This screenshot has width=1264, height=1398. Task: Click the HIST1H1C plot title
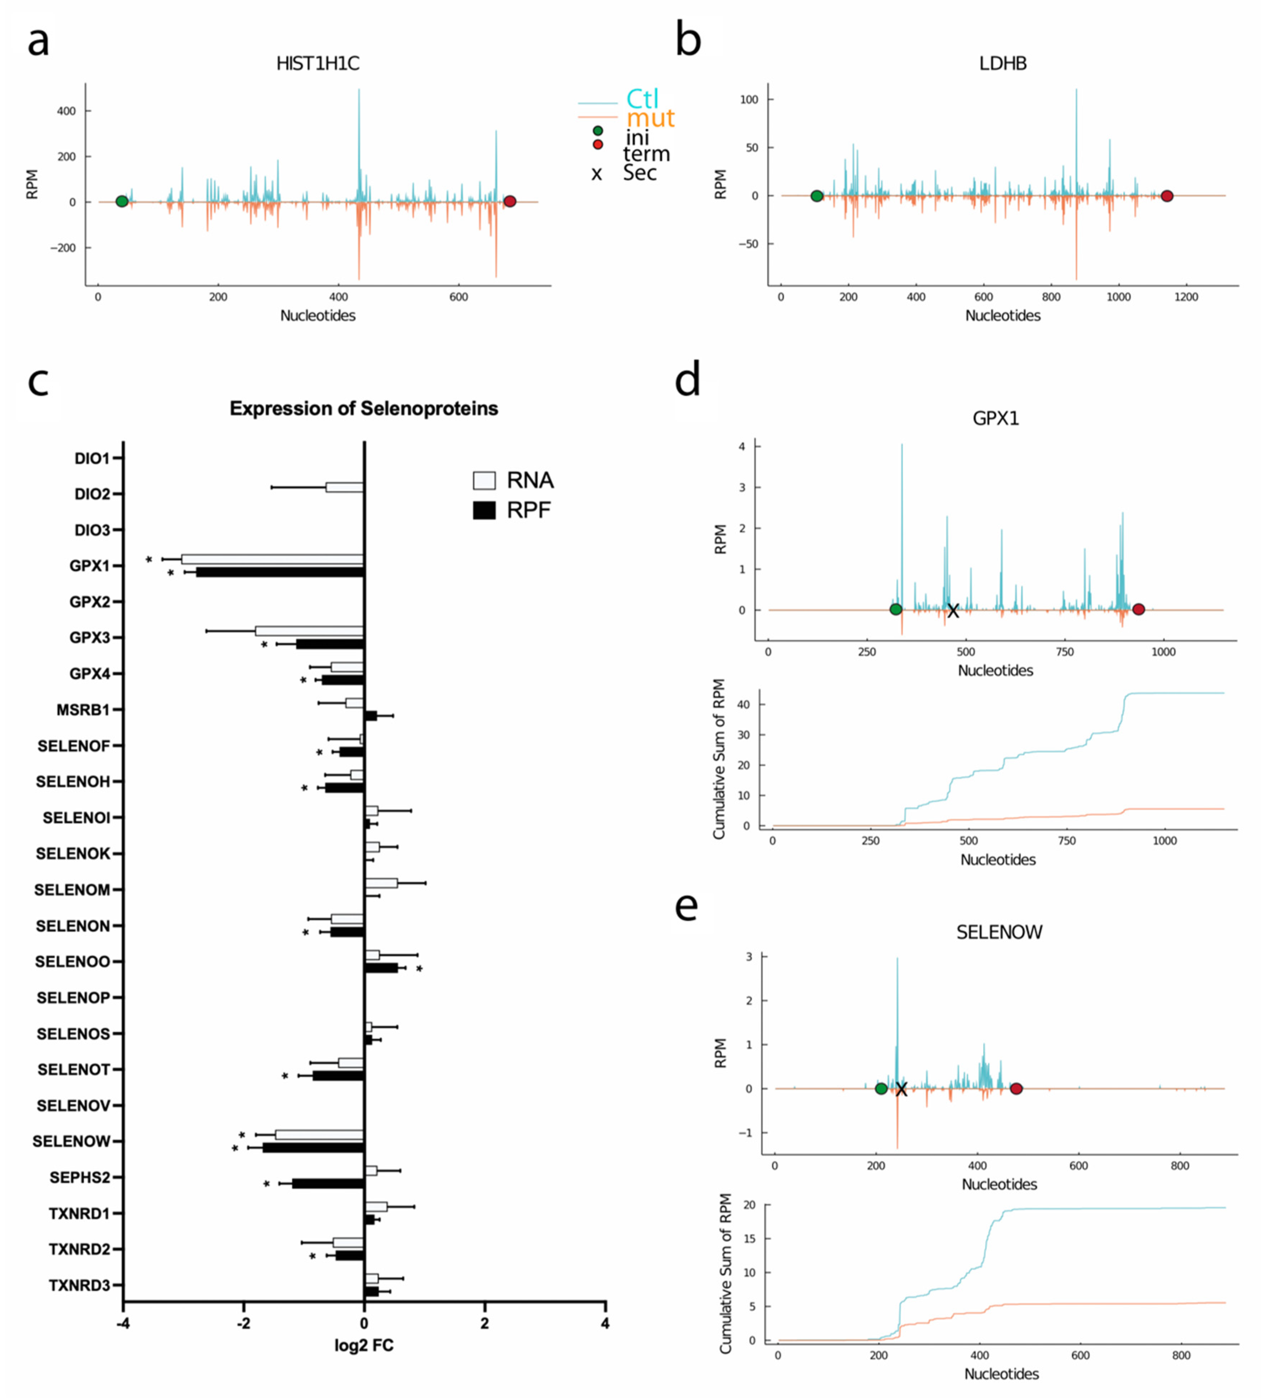coord(318,64)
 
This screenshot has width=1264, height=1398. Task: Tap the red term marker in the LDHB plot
coord(1166,196)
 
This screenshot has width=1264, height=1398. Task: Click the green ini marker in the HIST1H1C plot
coord(122,201)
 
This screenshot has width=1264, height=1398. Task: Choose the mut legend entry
coord(650,118)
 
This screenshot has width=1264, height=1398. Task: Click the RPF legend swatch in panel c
coord(484,510)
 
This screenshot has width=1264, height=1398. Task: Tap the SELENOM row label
coord(72,890)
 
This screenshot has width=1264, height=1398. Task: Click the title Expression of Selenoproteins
coord(363,408)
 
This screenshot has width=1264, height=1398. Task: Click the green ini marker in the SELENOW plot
coord(880,1089)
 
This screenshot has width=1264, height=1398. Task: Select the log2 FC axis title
coord(363,1346)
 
